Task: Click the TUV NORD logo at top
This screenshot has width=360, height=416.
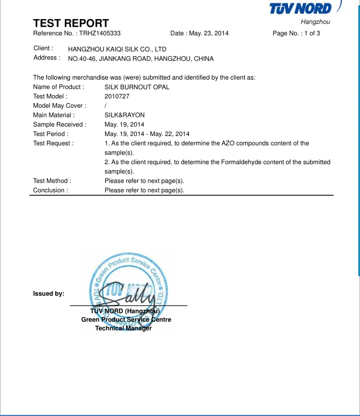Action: coord(300,9)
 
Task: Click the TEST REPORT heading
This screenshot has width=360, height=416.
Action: coord(71,23)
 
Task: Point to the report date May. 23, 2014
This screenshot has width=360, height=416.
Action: coord(209,33)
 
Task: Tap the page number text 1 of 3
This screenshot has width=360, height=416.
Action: coord(311,33)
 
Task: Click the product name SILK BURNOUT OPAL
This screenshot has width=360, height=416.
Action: coord(137,87)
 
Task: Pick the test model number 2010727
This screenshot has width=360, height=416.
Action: coord(117,96)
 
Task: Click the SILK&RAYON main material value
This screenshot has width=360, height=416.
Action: coord(124,115)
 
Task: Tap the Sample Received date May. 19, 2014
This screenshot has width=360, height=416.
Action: coord(124,124)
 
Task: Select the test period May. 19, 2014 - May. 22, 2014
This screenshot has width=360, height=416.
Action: coord(147,134)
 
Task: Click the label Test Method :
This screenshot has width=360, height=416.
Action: coord(52,181)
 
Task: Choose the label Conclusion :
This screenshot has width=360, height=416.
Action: coord(51,190)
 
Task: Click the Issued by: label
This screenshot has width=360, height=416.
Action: coord(48,293)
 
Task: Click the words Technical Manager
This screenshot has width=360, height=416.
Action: coord(123,328)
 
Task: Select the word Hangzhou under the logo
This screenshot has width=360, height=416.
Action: coord(315,22)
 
